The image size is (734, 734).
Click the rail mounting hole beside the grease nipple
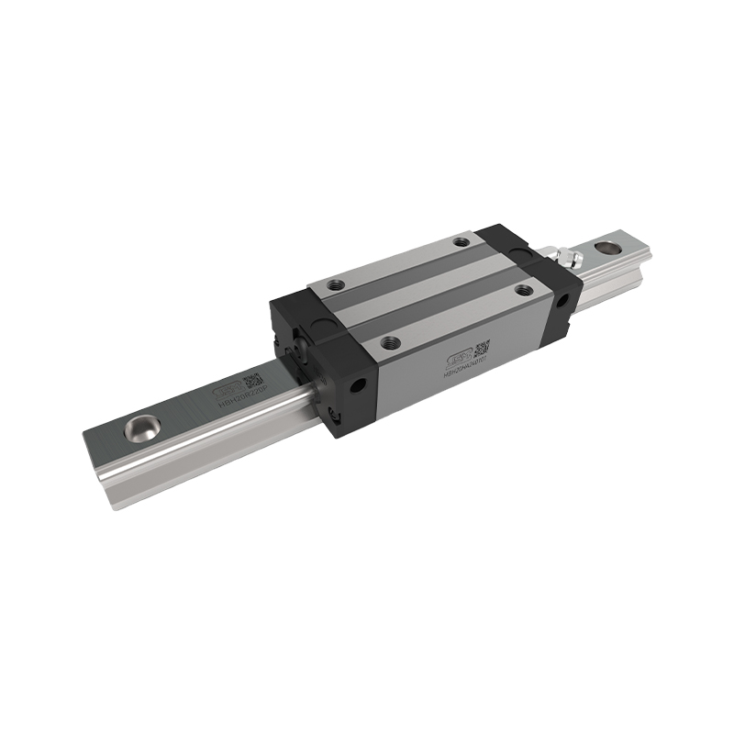point(606,247)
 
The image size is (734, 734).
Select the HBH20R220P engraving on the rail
point(236,389)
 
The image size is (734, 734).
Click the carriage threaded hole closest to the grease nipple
point(462,241)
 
